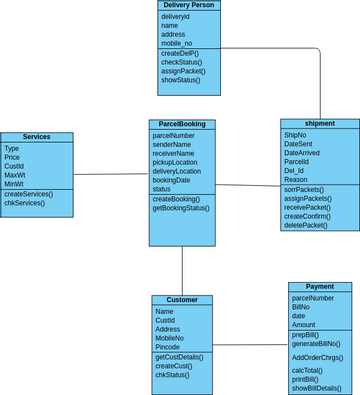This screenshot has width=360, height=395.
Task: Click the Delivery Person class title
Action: pos(187,5)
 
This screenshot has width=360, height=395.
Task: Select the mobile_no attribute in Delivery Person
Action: pos(176,44)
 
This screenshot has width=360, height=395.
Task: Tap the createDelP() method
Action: pos(179,53)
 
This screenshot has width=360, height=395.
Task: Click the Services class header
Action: pos(36,137)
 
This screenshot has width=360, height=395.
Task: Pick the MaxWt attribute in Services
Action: pos(14,175)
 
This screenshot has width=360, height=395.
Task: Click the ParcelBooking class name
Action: pos(182,124)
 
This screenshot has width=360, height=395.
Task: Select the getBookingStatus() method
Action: pos(181,208)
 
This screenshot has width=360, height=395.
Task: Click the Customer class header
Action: pos(182,300)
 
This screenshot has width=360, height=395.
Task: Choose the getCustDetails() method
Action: pos(180,357)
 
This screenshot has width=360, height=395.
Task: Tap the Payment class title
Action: pos(319,287)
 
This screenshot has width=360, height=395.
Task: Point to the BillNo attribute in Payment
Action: pos(302,307)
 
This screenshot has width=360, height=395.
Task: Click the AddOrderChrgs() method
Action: pos(317,357)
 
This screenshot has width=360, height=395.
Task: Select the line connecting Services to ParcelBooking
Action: pos(111,174)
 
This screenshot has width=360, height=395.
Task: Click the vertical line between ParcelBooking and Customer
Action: pos(182,270)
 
